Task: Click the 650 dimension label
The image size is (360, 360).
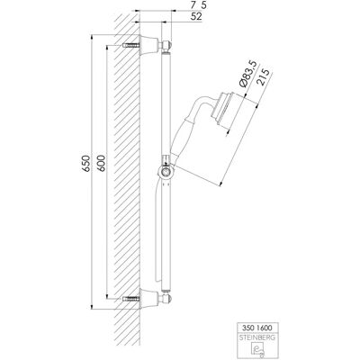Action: [86, 164]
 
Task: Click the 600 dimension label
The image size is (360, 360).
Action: [102, 164]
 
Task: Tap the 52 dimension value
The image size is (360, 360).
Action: [196, 17]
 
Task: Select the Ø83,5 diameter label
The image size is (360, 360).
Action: [248, 75]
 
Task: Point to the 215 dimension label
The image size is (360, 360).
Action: [263, 77]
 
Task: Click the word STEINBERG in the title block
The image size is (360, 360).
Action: [256, 337]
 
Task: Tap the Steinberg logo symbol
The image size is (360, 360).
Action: [256, 349]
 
